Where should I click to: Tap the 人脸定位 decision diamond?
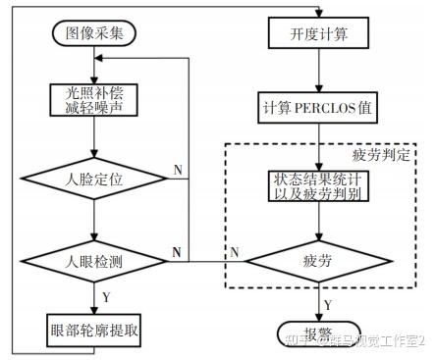point(92,180)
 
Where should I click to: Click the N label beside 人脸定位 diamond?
point(178,170)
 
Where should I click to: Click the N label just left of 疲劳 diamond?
point(235,253)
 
